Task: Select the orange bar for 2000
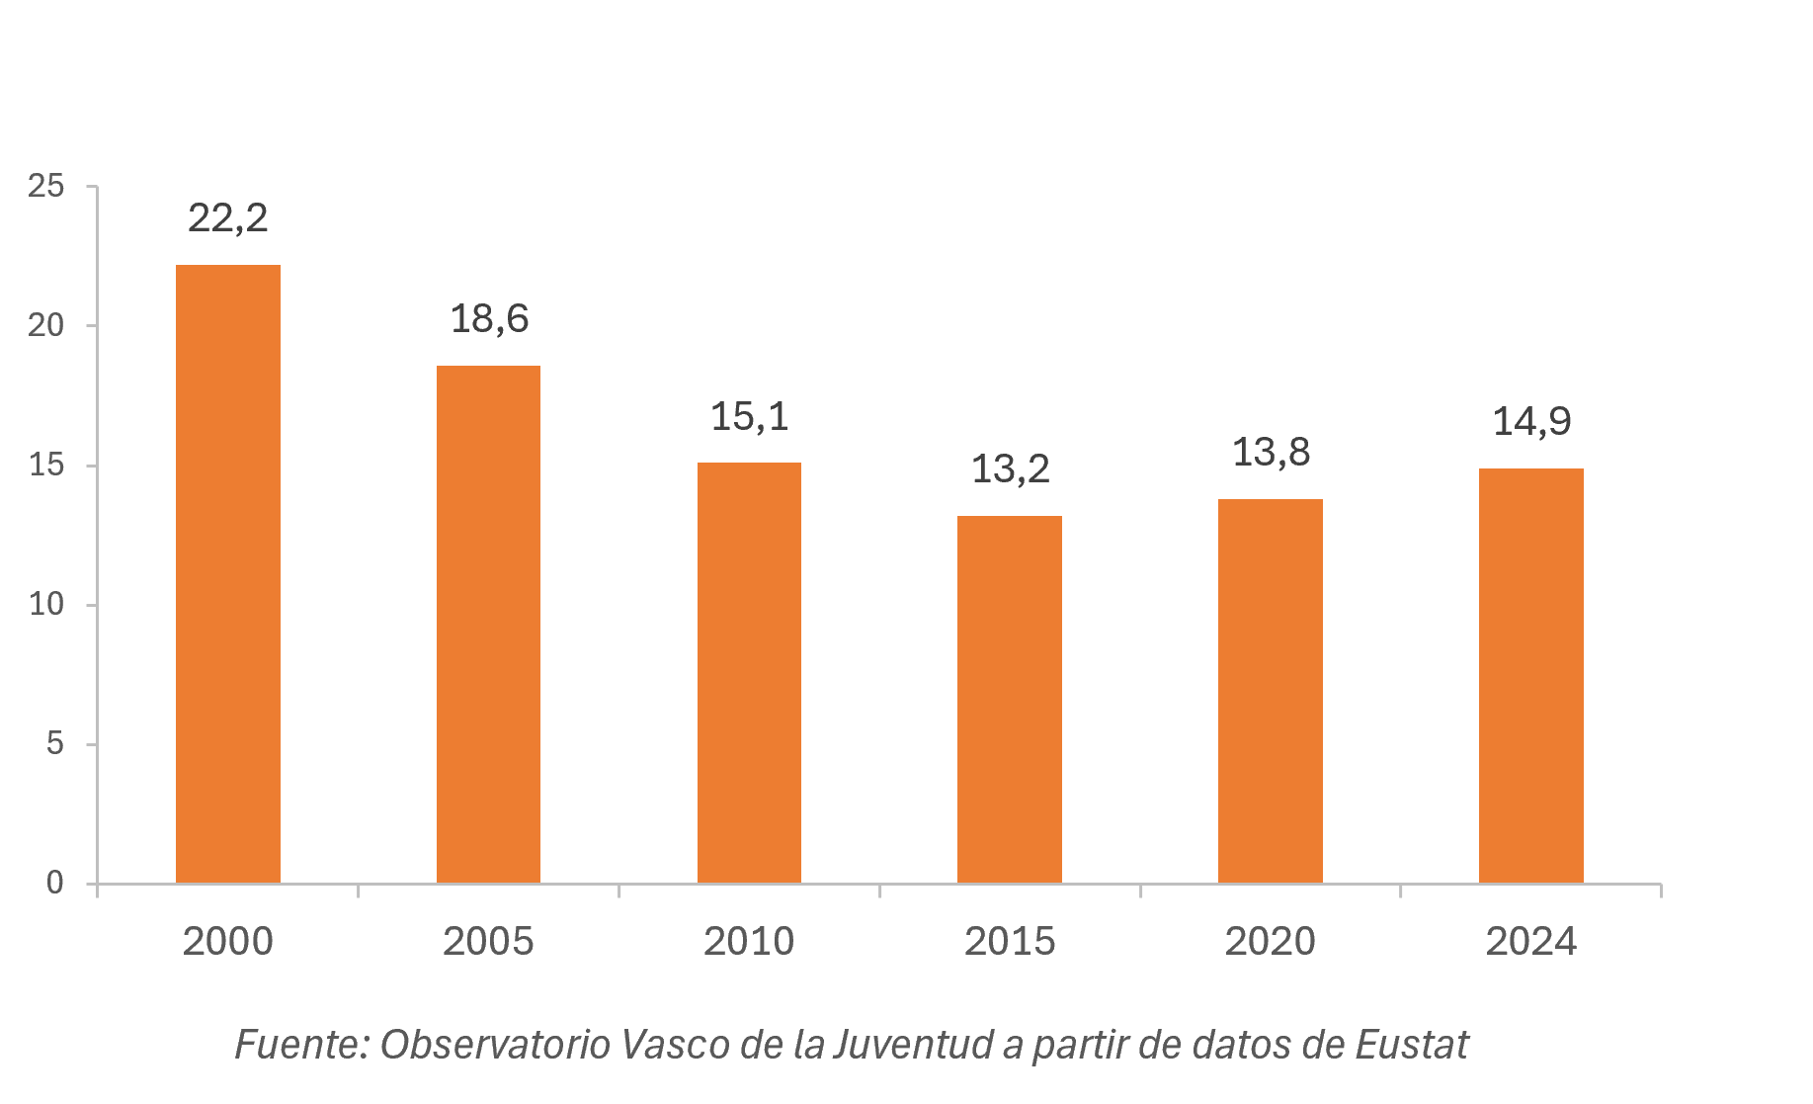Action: pyautogui.click(x=228, y=573)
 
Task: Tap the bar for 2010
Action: pyautogui.click(x=749, y=672)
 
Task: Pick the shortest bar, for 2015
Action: pyautogui.click(x=1010, y=699)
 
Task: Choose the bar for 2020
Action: pyautogui.click(x=1271, y=691)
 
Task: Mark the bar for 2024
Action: pyautogui.click(x=1531, y=675)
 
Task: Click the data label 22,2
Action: pyautogui.click(x=228, y=218)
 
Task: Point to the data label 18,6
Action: pyautogui.click(x=489, y=319)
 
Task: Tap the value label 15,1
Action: pyautogui.click(x=750, y=417)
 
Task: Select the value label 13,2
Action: pyautogui.click(x=1011, y=469)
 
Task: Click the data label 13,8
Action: pyautogui.click(x=1271, y=453)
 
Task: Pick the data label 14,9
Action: pyautogui.click(x=1531, y=422)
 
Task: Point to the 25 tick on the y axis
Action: pyautogui.click(x=46, y=186)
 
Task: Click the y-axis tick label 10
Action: pyautogui.click(x=46, y=604)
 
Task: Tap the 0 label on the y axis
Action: pyautogui.click(x=55, y=883)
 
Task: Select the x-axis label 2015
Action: pyautogui.click(x=1010, y=941)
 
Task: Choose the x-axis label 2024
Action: pyautogui.click(x=1531, y=941)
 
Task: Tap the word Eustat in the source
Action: pyautogui.click(x=1412, y=1045)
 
